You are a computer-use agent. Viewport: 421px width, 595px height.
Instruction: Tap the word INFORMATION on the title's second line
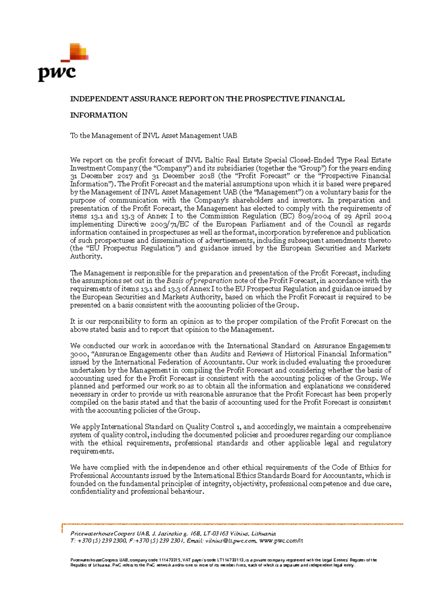coord(99,115)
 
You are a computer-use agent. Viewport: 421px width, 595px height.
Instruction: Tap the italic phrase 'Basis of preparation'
coord(199,281)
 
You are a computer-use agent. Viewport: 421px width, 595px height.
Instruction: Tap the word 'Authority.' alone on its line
coord(86,257)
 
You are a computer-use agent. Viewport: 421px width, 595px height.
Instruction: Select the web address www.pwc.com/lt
coord(281,541)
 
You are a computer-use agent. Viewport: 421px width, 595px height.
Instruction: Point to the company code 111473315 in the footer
coord(170,560)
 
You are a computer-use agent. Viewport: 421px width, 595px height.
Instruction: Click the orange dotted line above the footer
coord(232,524)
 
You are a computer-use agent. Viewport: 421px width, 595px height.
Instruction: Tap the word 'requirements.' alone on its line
coord(92,451)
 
